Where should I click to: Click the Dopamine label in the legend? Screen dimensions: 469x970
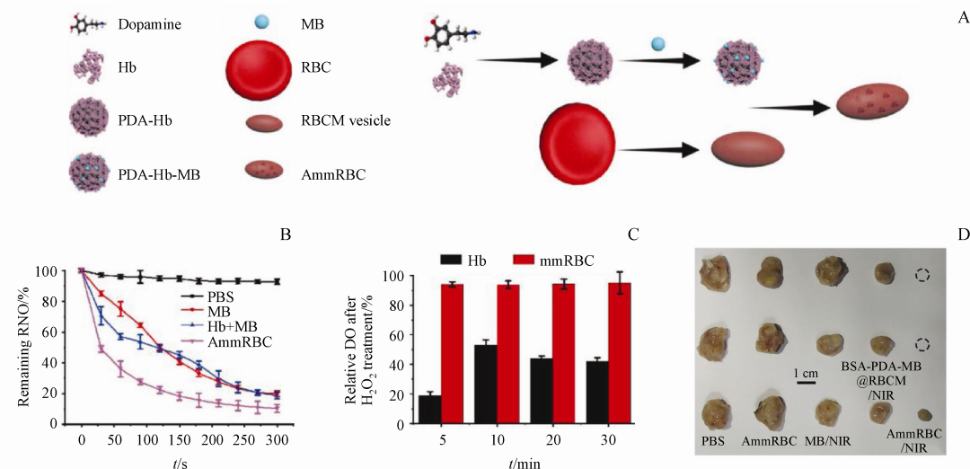pyautogui.click(x=149, y=24)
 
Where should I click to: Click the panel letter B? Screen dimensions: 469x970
pyautogui.click(x=285, y=235)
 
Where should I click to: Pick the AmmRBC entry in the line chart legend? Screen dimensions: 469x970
pyautogui.click(x=237, y=342)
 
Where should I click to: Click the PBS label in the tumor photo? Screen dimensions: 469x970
pyautogui.click(x=719, y=441)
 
